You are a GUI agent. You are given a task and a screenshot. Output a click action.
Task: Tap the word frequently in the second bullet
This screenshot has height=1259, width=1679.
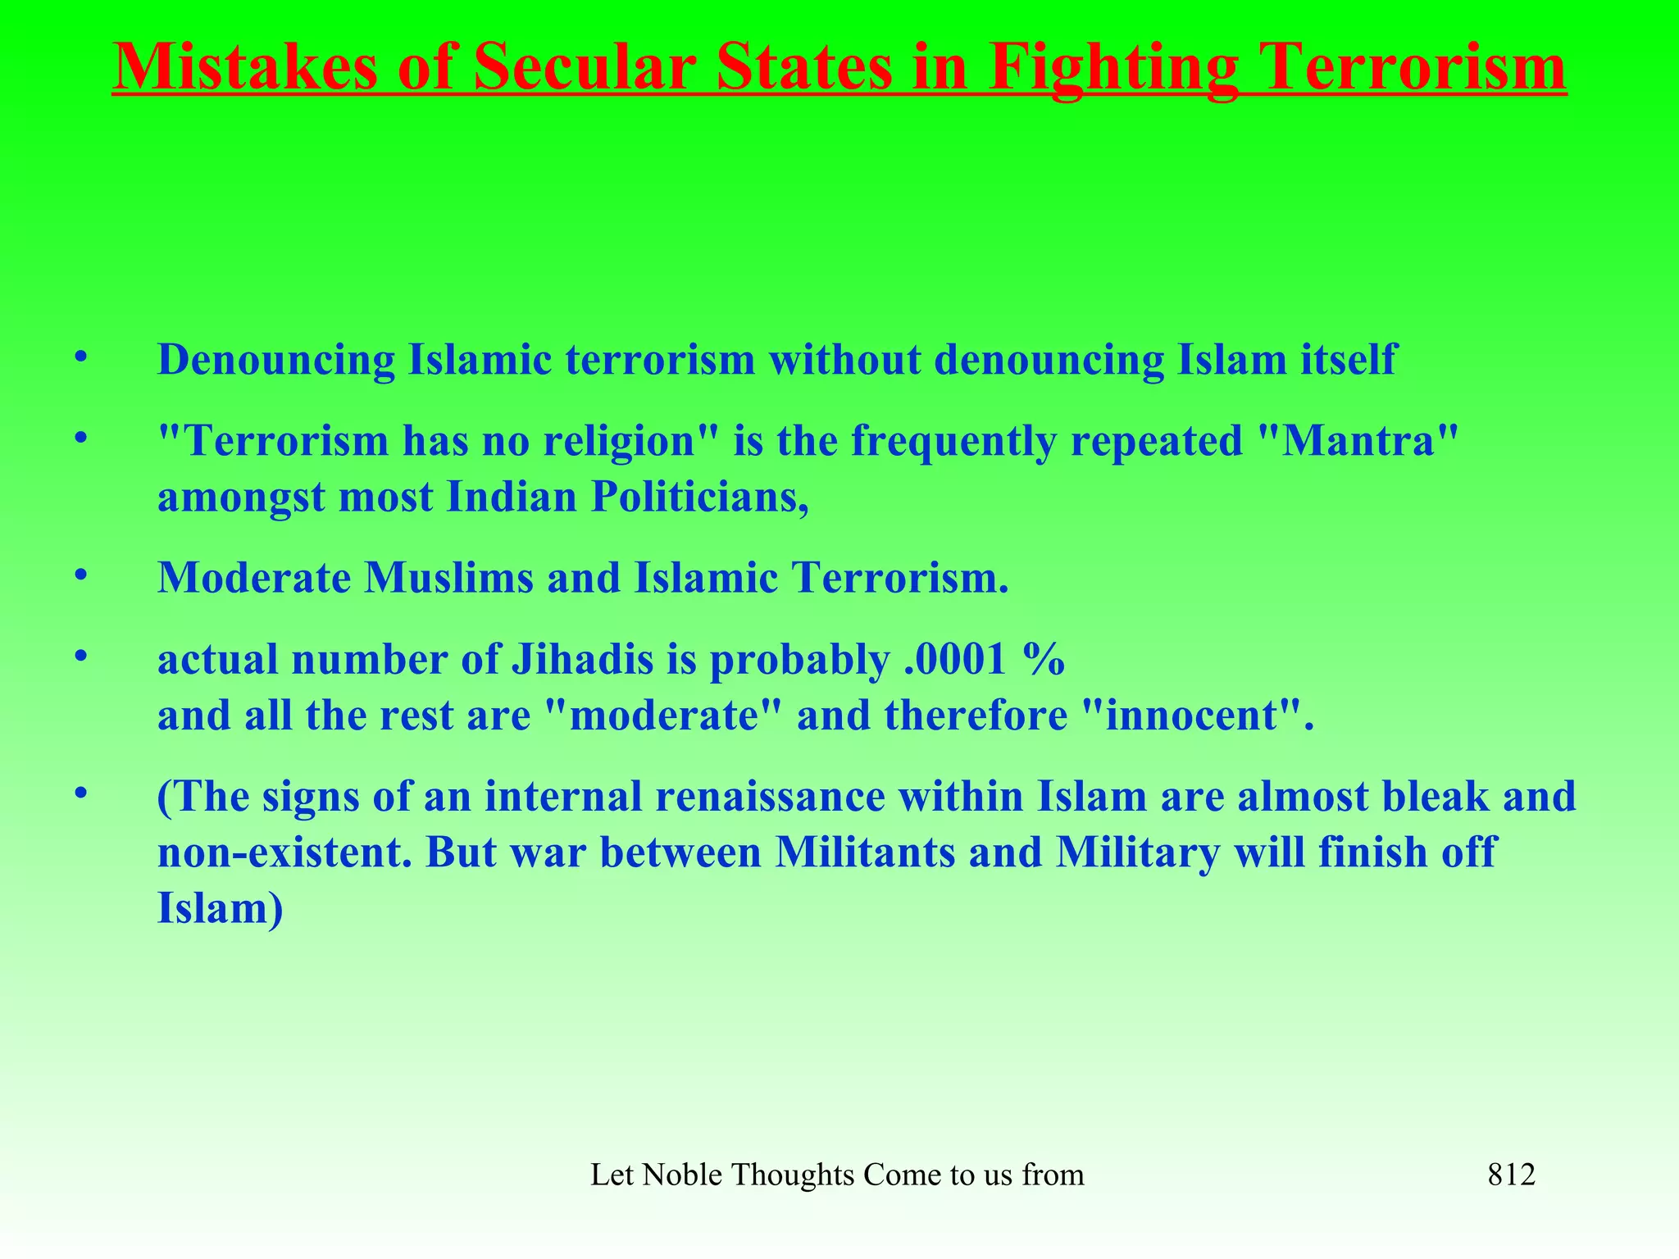pyautogui.click(x=953, y=443)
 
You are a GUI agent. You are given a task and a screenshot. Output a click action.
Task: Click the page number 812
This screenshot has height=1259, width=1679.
pyautogui.click(x=1511, y=1175)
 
